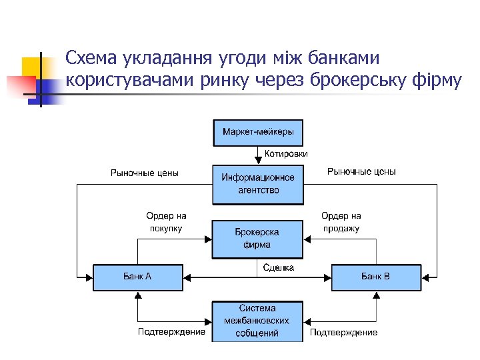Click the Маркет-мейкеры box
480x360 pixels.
(x=257, y=132)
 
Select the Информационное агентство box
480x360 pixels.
(x=257, y=184)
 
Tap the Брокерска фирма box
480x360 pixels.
(x=257, y=239)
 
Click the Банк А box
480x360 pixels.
(x=137, y=277)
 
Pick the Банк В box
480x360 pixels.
(x=376, y=277)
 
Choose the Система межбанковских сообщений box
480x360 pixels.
(x=257, y=321)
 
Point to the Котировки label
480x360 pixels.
(x=286, y=153)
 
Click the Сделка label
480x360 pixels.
(x=279, y=267)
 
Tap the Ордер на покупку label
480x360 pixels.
(x=166, y=222)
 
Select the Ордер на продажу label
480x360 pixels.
(x=341, y=222)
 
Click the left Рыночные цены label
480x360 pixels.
(x=145, y=173)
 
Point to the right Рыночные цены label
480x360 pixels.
(x=361, y=172)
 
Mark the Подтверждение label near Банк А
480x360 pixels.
(x=171, y=332)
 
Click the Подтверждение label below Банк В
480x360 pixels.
(x=343, y=332)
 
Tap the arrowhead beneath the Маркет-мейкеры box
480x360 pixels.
(x=257, y=161)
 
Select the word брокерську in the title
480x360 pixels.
(x=357, y=81)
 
